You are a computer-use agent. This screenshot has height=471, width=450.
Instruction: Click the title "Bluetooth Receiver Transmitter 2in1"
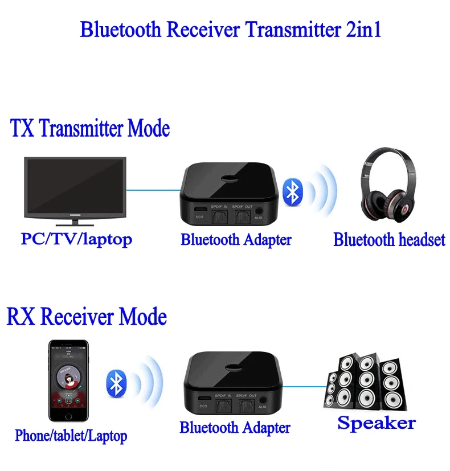click(x=230, y=29)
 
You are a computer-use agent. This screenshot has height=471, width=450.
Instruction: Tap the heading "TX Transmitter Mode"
click(x=90, y=128)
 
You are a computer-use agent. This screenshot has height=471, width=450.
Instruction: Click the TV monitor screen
click(x=75, y=183)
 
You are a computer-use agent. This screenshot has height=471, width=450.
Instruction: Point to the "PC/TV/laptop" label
click(x=76, y=239)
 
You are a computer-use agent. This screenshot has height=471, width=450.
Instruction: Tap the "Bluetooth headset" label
click(x=389, y=240)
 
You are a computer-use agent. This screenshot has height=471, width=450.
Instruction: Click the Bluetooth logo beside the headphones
click(x=293, y=191)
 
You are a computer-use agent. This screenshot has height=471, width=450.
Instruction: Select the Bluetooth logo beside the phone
click(x=116, y=382)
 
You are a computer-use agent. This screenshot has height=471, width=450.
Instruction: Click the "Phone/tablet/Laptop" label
click(x=71, y=436)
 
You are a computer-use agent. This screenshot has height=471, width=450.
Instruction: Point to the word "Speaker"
click(x=377, y=423)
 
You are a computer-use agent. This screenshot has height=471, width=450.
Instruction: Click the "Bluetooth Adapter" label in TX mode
click(x=236, y=240)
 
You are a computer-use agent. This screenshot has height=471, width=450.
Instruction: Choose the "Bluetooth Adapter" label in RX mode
click(x=235, y=427)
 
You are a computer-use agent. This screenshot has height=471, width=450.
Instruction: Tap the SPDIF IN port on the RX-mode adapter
click(x=220, y=405)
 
